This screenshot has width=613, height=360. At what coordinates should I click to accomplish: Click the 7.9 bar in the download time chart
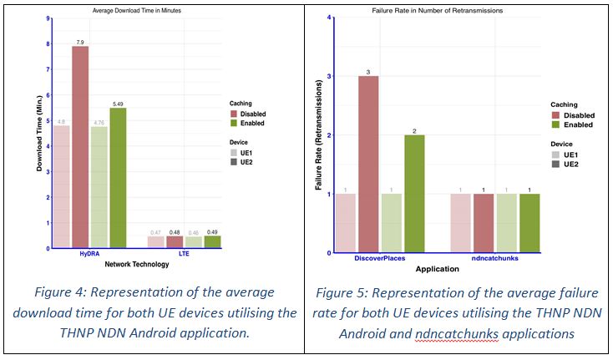(80, 146)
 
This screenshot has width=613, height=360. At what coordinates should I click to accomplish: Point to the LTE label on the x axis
(184, 255)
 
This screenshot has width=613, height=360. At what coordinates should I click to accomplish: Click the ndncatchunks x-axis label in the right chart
(494, 260)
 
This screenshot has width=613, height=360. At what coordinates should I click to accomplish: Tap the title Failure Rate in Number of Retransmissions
(432, 9)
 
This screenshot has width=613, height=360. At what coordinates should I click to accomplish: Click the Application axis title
(437, 269)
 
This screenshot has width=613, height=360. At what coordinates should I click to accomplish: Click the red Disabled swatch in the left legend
(235, 114)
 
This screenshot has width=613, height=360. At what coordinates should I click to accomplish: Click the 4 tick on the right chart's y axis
(331, 18)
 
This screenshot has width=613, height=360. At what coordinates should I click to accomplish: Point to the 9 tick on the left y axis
(48, 18)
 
